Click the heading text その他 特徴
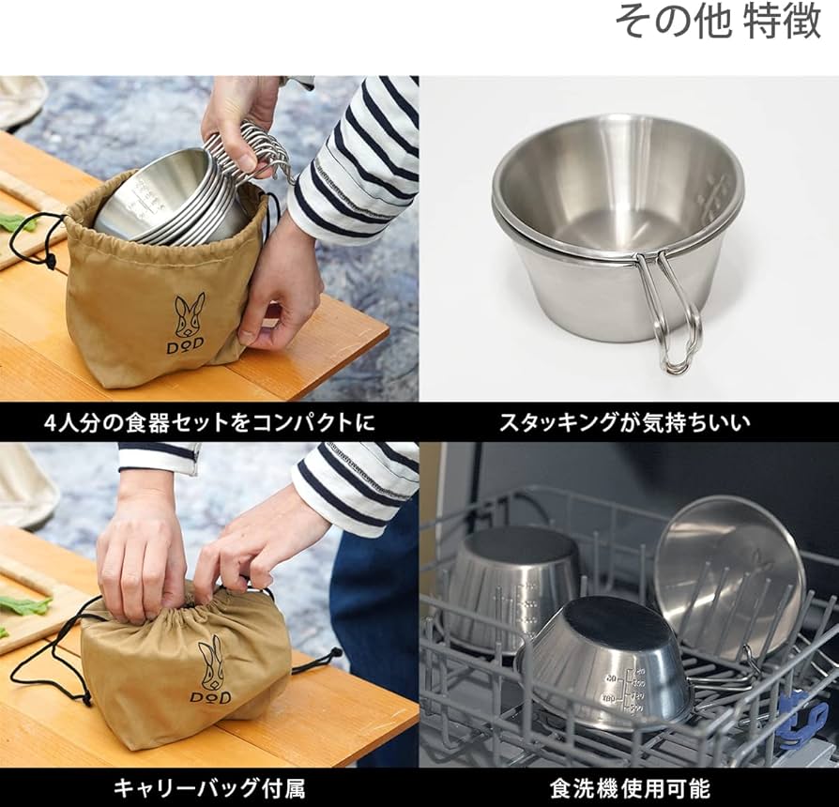pos(718,21)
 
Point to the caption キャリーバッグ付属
pos(208,787)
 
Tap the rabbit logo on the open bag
pos(189,315)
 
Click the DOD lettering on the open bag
pos(186,346)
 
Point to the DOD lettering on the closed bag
pos(210,697)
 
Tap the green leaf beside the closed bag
pos(24,605)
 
